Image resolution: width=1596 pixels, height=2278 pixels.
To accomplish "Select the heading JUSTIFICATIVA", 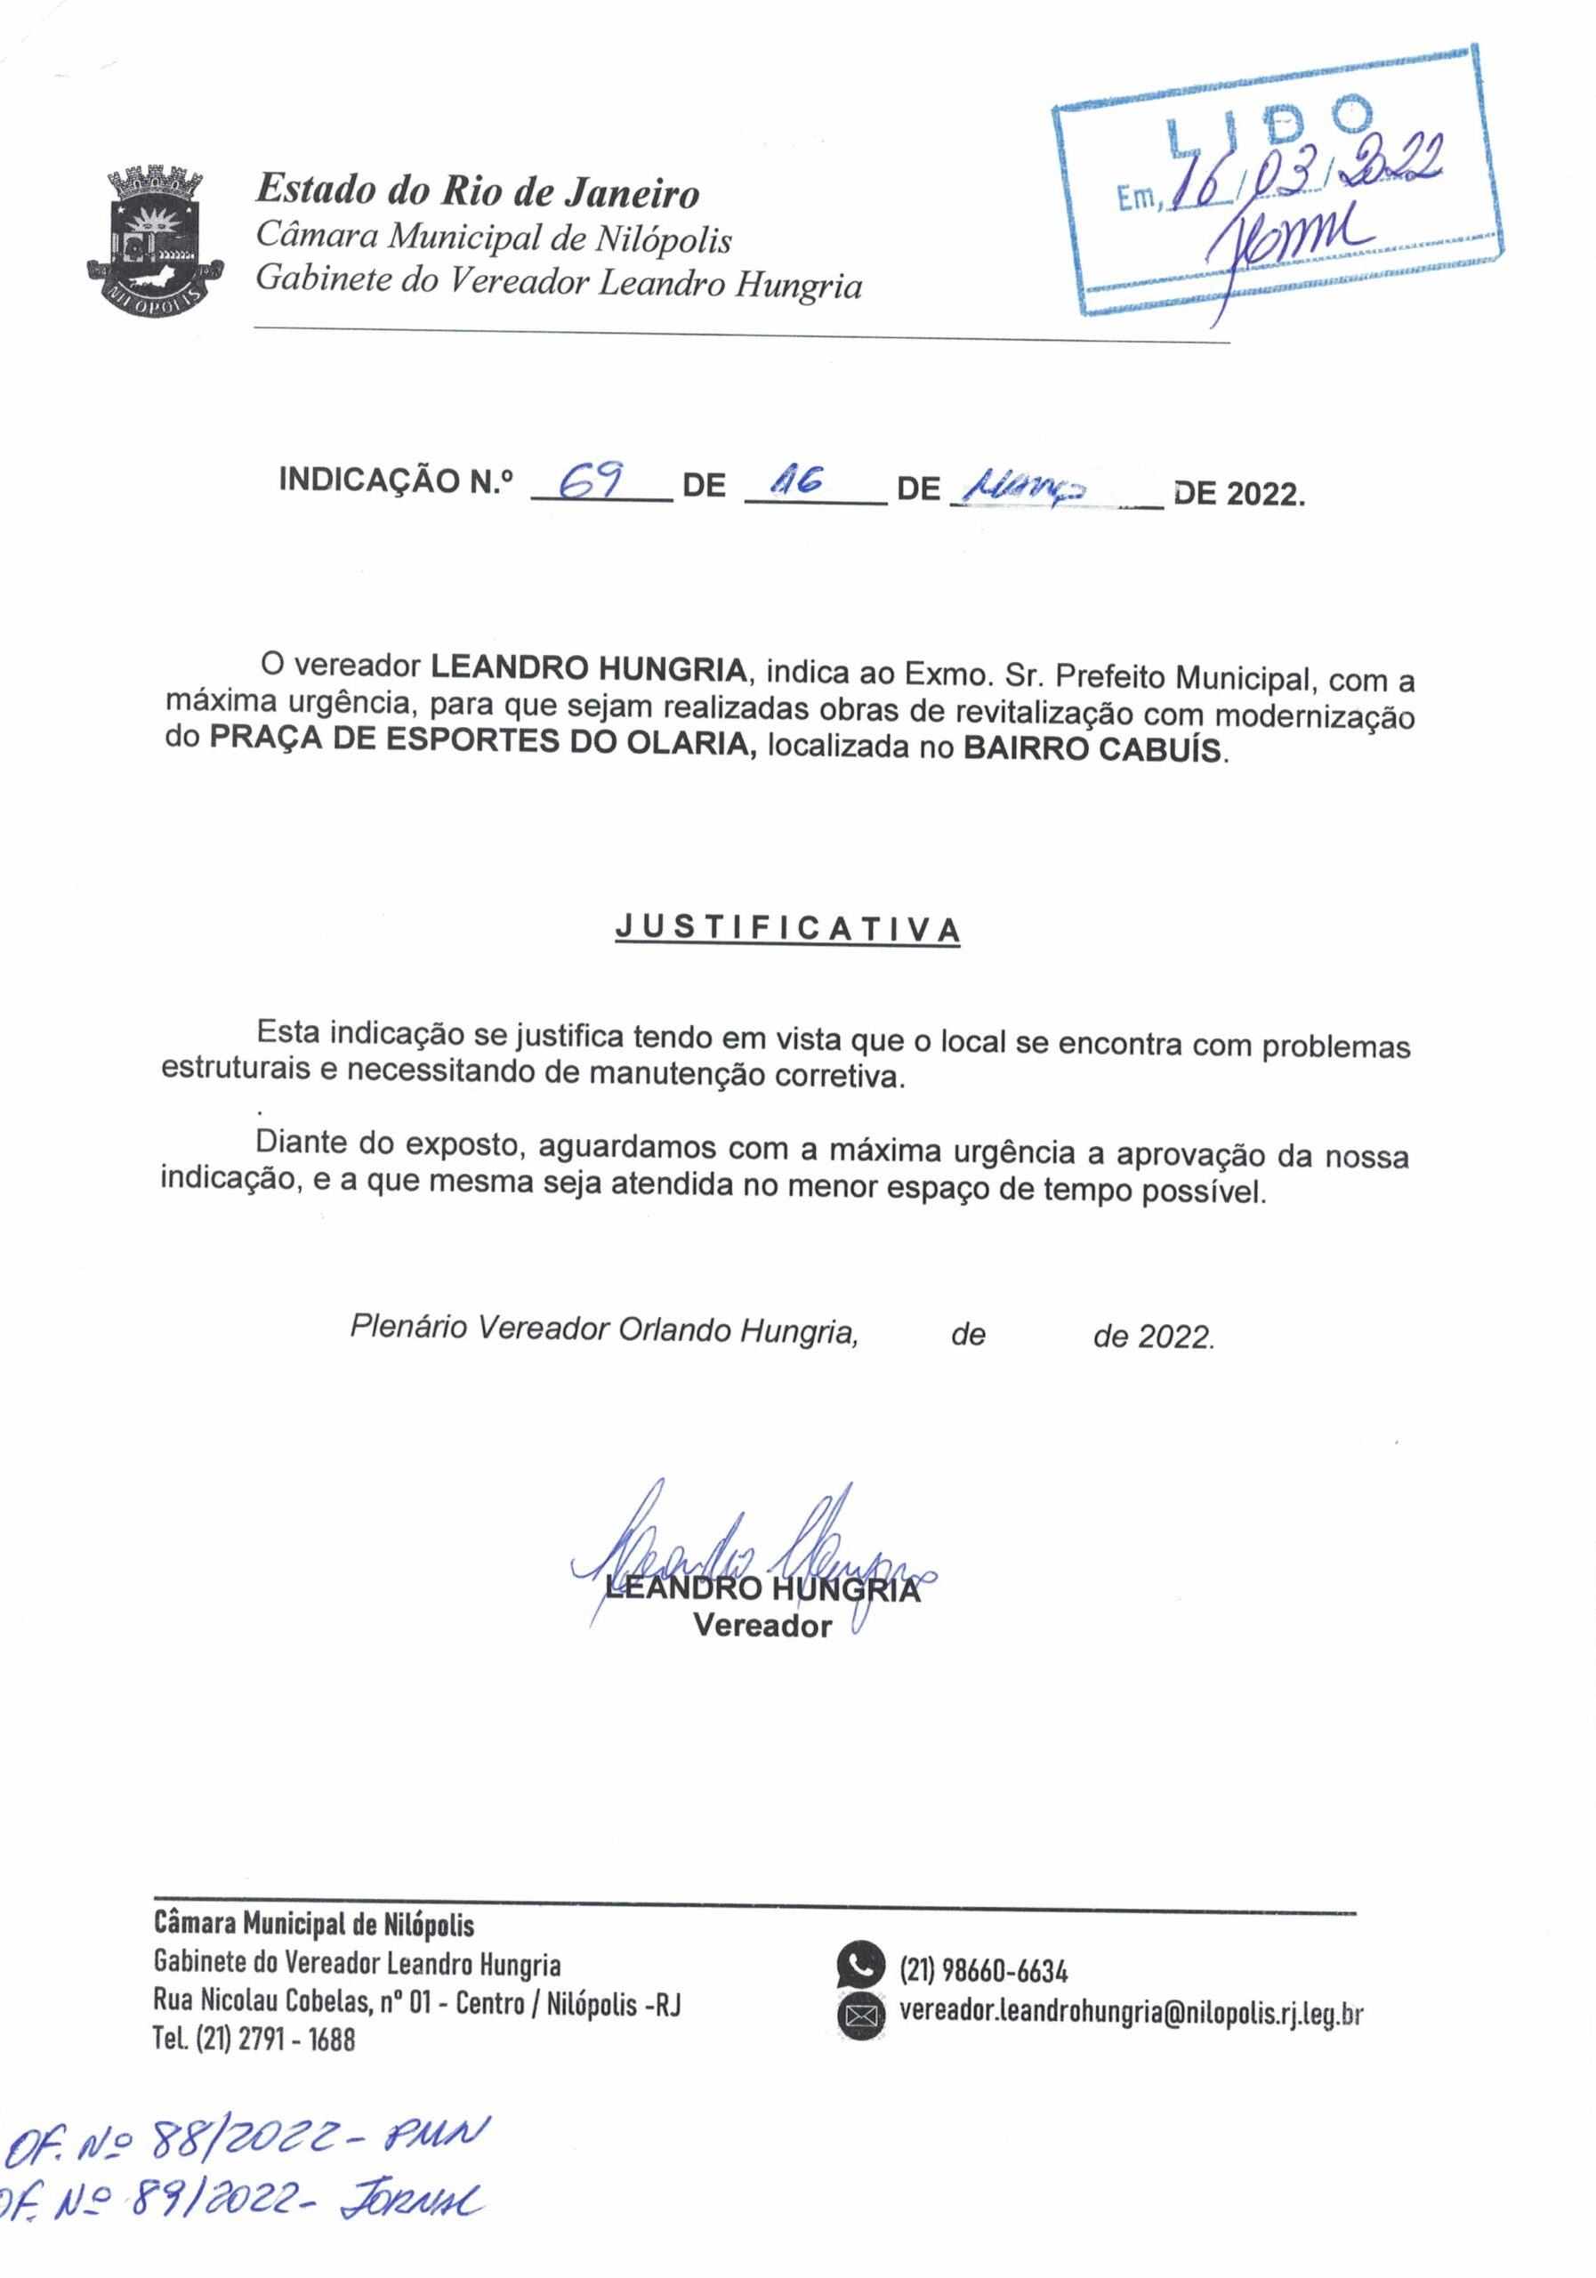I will coord(787,929).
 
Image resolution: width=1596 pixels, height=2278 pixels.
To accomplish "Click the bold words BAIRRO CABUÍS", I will coord(1091,748).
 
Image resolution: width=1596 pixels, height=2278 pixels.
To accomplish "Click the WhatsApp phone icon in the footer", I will coord(859,1965).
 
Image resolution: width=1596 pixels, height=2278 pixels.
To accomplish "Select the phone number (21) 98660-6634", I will coord(983,1969).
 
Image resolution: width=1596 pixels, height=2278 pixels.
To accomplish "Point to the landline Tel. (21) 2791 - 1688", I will coord(254,2039).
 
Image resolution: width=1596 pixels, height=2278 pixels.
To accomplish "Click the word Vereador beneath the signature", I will coord(762,1626).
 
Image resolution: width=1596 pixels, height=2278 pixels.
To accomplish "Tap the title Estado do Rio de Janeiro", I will coord(477,190).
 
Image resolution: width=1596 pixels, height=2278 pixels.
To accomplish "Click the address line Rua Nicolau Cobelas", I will coord(416,2002).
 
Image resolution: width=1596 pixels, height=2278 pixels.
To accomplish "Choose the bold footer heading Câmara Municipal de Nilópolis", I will coord(314,1925).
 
